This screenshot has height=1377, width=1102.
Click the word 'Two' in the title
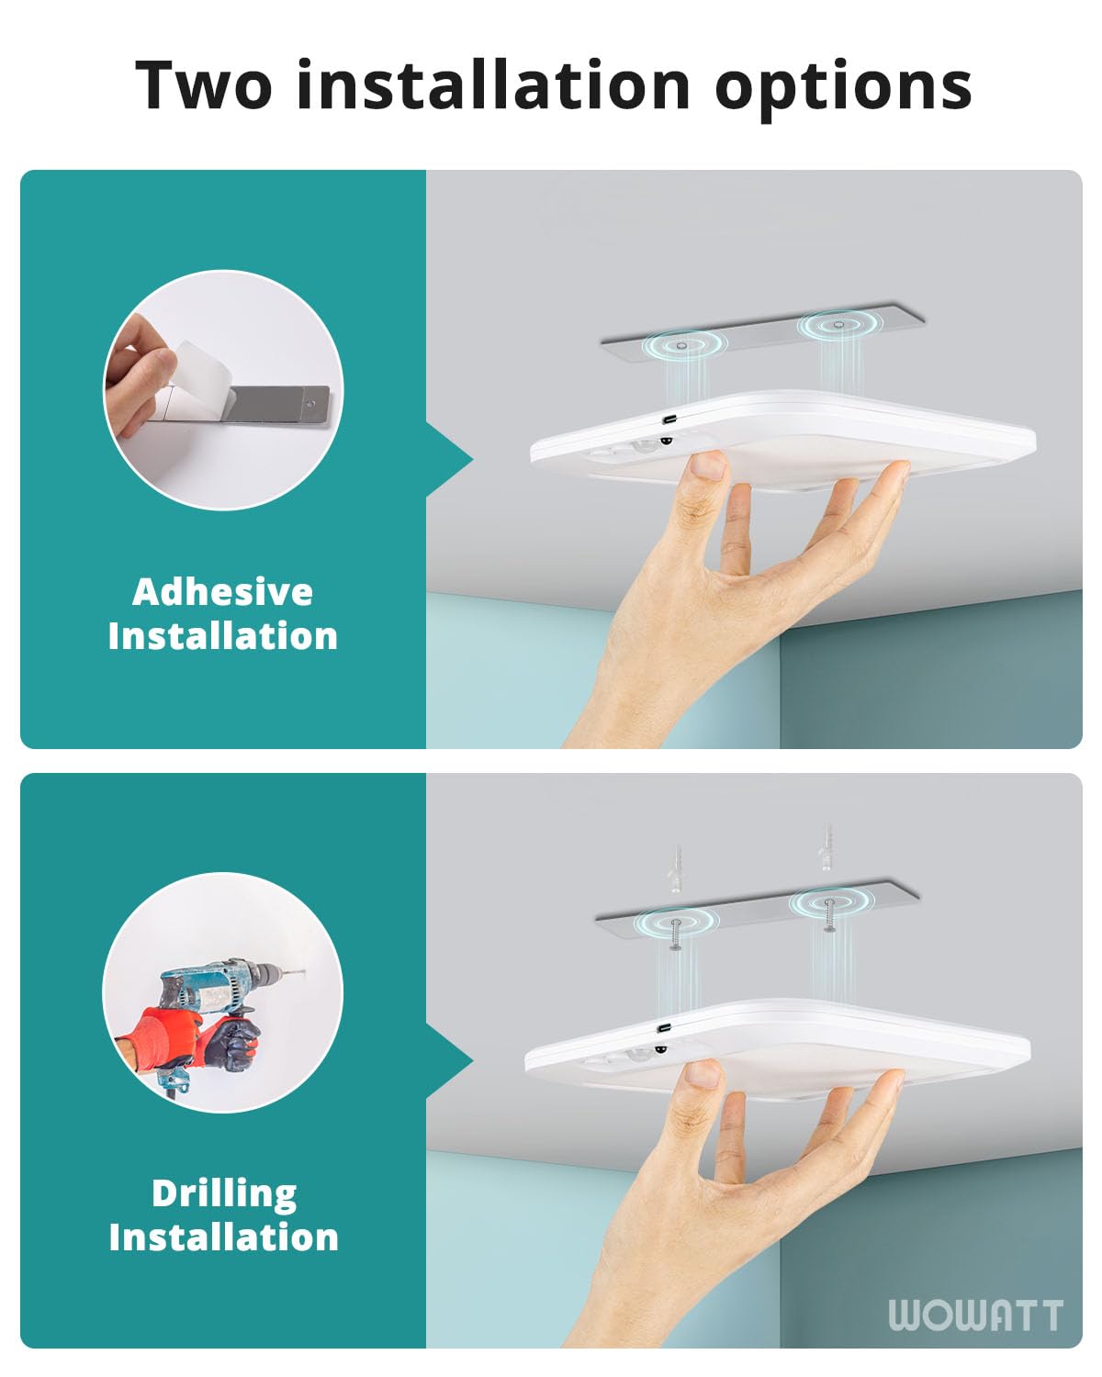pyautogui.click(x=204, y=84)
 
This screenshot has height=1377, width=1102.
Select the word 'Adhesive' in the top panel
pyautogui.click(x=222, y=592)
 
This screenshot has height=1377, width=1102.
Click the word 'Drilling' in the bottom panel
pyautogui.click(x=224, y=1193)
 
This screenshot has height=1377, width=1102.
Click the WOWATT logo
pyautogui.click(x=975, y=1315)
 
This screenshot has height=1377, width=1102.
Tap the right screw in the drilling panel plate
pyautogui.click(x=829, y=913)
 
